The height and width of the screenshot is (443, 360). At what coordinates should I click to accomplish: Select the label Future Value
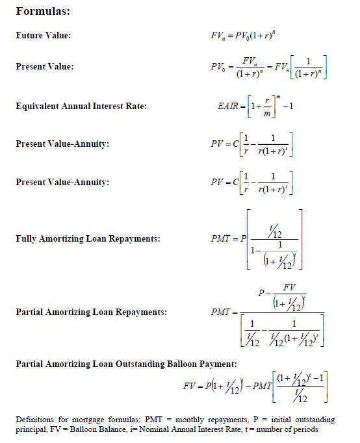[44, 35]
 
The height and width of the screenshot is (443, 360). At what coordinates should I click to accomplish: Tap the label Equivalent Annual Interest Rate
[81, 107]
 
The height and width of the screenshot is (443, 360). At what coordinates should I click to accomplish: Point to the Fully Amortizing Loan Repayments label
[88, 239]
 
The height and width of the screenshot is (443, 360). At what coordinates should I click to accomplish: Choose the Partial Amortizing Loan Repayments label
[91, 312]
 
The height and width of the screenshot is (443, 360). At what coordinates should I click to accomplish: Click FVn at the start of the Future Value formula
[214, 35]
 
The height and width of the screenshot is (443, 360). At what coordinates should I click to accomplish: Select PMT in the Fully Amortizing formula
[221, 239]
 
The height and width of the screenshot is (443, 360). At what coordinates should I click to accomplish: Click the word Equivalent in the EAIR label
[38, 107]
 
